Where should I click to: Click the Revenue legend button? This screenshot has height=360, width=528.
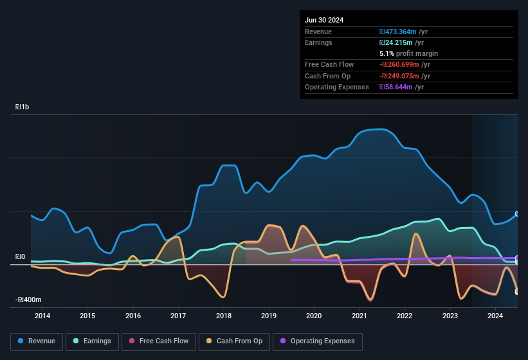pyautogui.click(x=37, y=341)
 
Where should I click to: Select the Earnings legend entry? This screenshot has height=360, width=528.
pyautogui.click(x=92, y=341)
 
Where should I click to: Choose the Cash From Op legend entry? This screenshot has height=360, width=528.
pyautogui.click(x=234, y=341)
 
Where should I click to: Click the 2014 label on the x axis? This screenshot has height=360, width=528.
pyautogui.click(x=42, y=316)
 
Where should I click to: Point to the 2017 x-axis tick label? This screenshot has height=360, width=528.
pyautogui.click(x=178, y=316)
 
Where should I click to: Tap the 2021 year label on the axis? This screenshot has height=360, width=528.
pyautogui.click(x=360, y=316)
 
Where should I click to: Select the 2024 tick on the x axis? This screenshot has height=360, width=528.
pyautogui.click(x=495, y=316)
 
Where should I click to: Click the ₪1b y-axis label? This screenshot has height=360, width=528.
pyautogui.click(x=22, y=108)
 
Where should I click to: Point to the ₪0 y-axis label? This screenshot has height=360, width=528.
pyautogui.click(x=20, y=257)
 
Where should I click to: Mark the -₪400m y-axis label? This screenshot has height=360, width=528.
pyautogui.click(x=29, y=300)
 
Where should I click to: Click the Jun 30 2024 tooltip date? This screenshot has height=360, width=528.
pyautogui.click(x=324, y=20)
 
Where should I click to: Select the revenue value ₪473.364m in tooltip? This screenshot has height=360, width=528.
pyautogui.click(x=399, y=32)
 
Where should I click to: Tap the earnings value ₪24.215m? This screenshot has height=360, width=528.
pyautogui.click(x=397, y=42)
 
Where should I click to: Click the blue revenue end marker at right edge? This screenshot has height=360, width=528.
pyautogui.click(x=517, y=214)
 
